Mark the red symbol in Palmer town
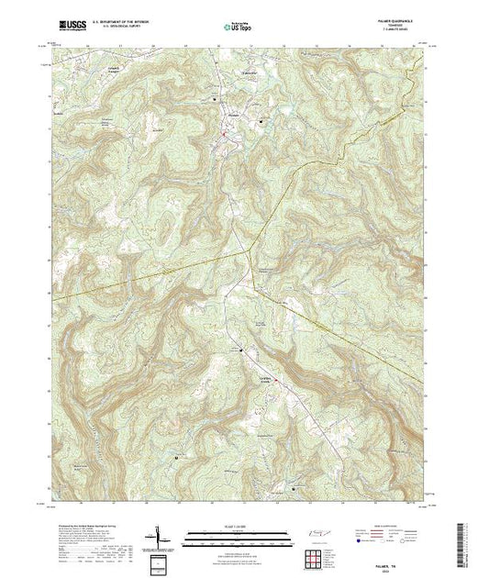click(223, 139)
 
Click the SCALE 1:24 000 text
click(239, 526)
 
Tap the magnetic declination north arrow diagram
click(161, 536)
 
